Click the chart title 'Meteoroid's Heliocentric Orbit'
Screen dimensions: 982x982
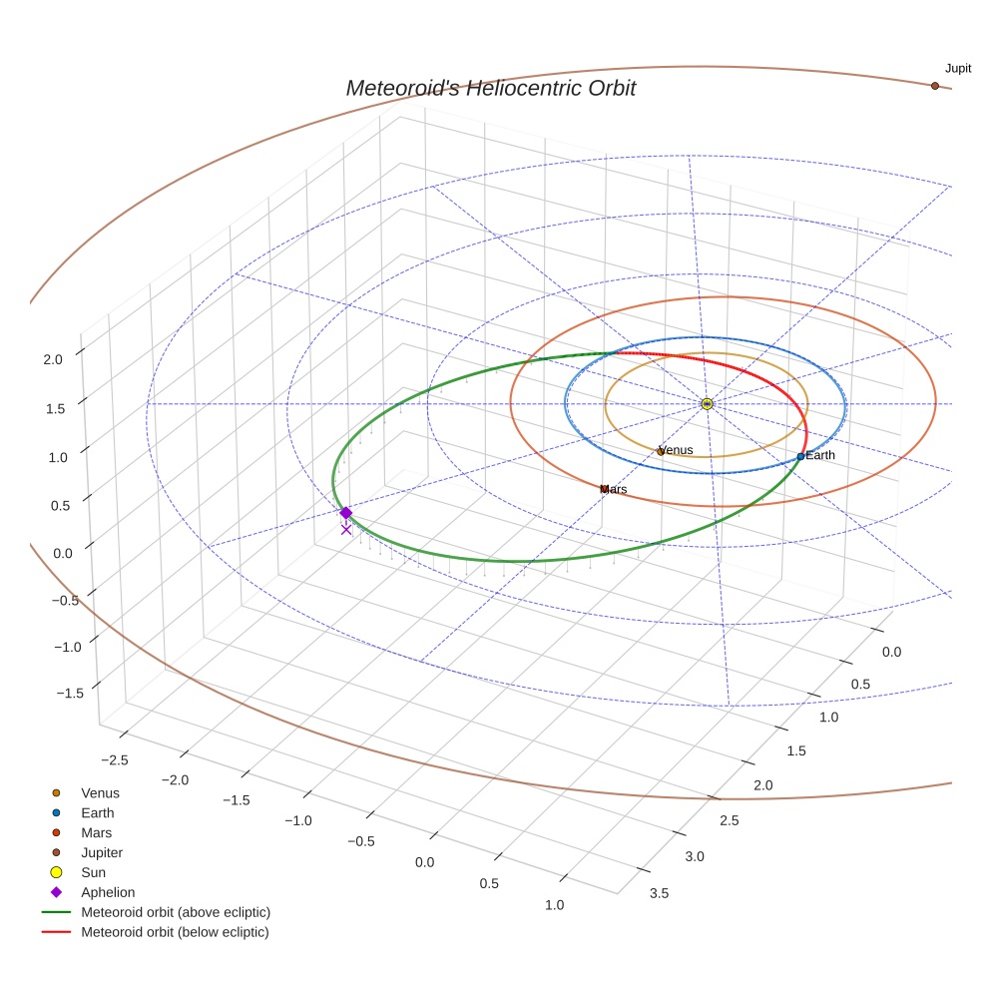pos(490,88)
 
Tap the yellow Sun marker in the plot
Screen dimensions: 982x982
pos(707,403)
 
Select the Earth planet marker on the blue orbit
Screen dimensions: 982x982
pos(800,456)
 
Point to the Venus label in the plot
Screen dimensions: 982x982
pos(676,450)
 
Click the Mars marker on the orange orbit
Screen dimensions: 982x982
pos(604,489)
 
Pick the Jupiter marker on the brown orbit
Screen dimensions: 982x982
pos(934,86)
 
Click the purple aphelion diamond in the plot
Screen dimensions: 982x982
pos(345,513)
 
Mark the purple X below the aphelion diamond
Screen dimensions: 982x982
pos(345,530)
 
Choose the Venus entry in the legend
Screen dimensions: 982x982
pos(100,793)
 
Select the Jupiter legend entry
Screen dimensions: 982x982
pos(101,853)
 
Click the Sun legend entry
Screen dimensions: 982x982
pos(94,872)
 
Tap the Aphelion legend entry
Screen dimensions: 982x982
pos(107,892)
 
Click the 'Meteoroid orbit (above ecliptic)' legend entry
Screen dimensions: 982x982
pos(175,912)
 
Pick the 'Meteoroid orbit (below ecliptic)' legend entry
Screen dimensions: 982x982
pos(175,932)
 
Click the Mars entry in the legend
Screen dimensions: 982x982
pos(96,833)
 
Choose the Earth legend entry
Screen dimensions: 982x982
pos(97,813)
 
